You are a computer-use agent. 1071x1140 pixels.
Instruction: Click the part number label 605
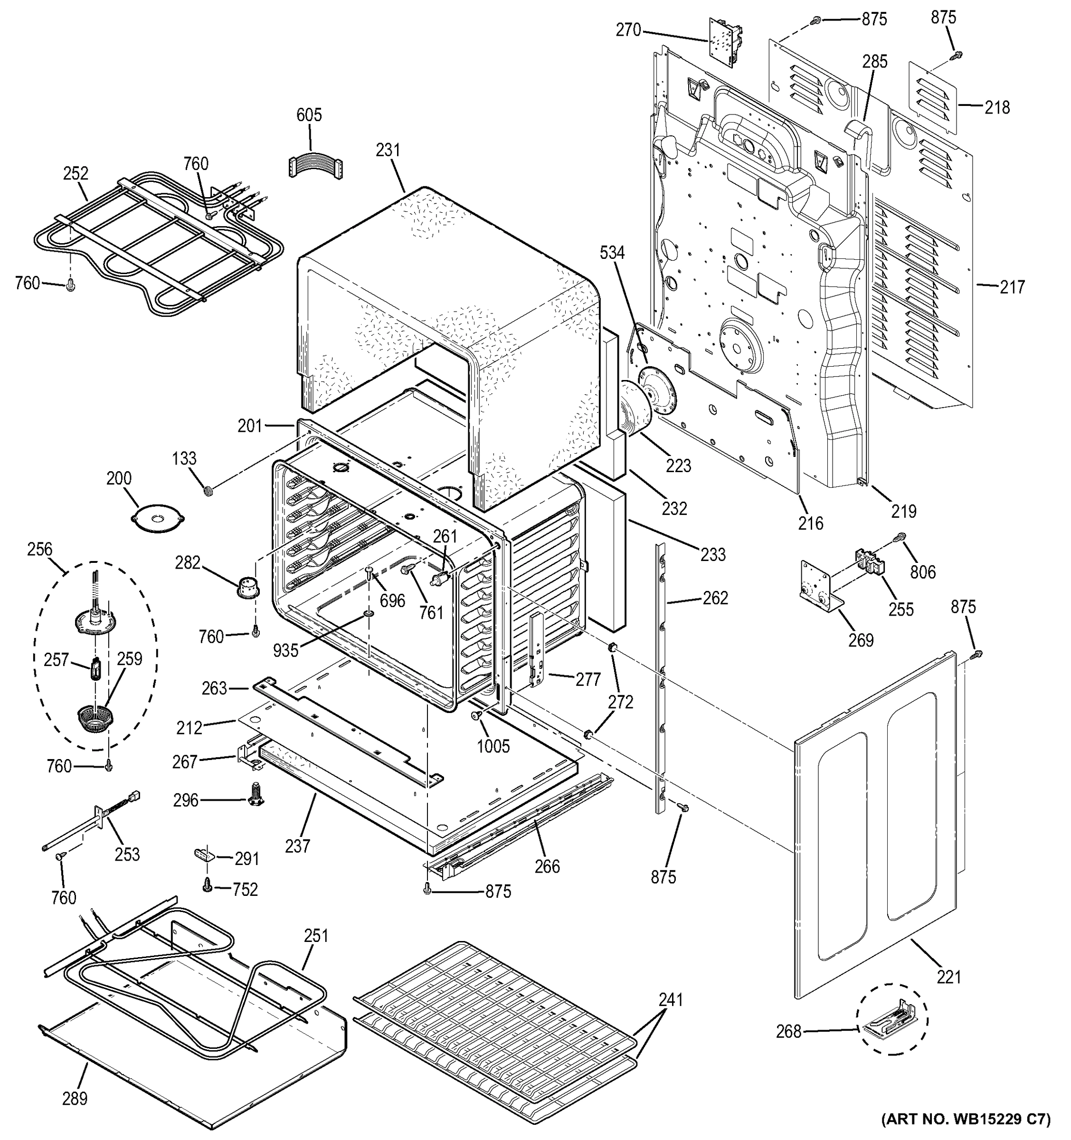click(x=309, y=115)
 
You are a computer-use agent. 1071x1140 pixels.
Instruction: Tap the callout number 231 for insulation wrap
click(x=388, y=150)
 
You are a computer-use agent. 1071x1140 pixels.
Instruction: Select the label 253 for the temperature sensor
click(x=127, y=854)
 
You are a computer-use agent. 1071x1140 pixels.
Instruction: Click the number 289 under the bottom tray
click(x=75, y=1098)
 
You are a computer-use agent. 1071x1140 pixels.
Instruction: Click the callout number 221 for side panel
click(x=948, y=977)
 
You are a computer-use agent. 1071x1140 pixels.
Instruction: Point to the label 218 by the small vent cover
click(x=997, y=107)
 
